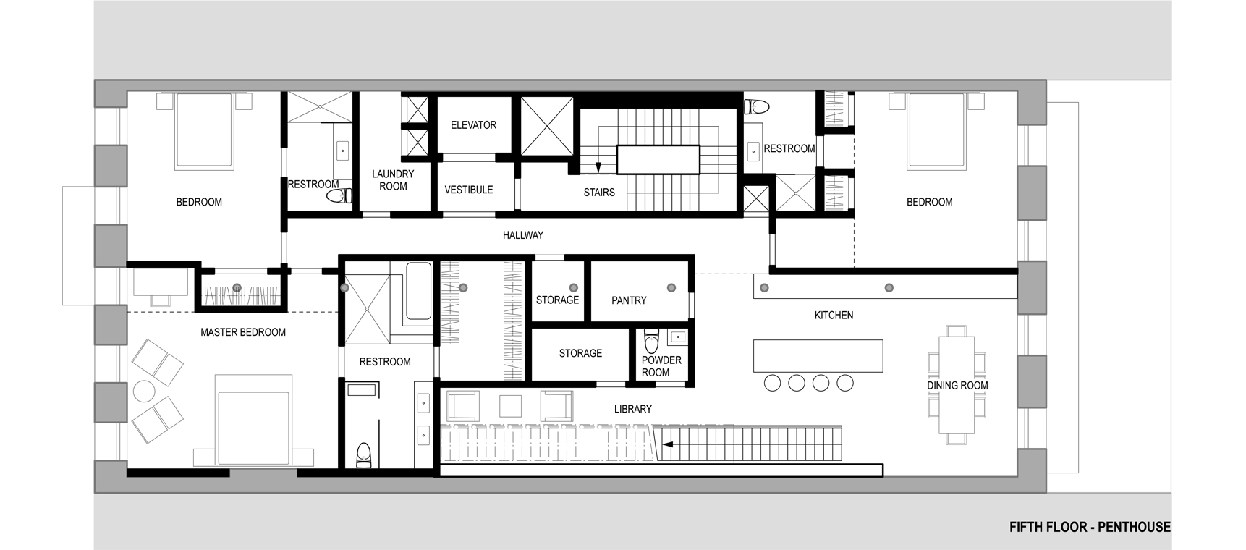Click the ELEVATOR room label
(473, 125)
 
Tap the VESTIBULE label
(469, 190)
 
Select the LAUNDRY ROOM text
(393, 180)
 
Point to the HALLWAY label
(523, 235)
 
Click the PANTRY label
(629, 300)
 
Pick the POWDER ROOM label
(661, 366)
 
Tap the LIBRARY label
(633, 409)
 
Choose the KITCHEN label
(834, 316)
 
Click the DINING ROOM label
(957, 386)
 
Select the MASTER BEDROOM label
(243, 333)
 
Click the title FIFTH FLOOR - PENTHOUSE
(1090, 528)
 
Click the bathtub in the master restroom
(418, 290)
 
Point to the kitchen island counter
(818, 355)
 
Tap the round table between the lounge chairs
(143, 391)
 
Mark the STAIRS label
(599, 192)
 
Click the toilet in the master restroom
(363, 455)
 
